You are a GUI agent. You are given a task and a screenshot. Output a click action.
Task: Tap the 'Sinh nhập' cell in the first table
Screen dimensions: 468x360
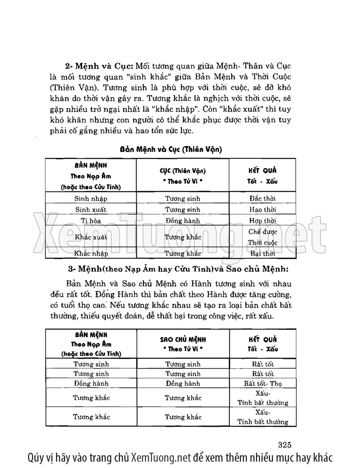[x=91, y=198]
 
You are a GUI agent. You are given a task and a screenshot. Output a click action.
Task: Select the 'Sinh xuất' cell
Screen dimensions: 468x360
[x=91, y=209]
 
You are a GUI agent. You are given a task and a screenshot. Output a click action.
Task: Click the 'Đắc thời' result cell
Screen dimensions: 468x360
[x=263, y=198]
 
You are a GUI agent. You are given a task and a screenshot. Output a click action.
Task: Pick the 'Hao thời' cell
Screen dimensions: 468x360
[x=263, y=209]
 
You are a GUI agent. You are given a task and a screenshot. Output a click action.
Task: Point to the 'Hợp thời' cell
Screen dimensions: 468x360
[x=263, y=221]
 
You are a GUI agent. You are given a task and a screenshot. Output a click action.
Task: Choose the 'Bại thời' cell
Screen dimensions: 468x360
[x=263, y=254]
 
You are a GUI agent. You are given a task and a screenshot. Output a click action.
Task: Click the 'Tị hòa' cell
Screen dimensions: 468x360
[x=91, y=221]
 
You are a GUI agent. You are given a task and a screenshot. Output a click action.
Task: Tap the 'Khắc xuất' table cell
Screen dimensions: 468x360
[x=91, y=237]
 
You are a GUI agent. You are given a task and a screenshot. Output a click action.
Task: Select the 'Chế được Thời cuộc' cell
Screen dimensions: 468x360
[x=263, y=237]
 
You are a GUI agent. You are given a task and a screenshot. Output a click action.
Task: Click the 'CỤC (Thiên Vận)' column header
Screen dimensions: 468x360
[x=183, y=175]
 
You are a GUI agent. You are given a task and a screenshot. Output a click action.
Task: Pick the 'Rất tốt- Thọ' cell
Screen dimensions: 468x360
[x=263, y=383]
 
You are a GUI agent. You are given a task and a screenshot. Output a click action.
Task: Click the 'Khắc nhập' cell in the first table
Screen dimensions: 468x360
[x=91, y=254]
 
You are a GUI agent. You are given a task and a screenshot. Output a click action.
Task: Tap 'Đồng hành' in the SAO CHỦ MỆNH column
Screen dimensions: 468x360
[x=183, y=383]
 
